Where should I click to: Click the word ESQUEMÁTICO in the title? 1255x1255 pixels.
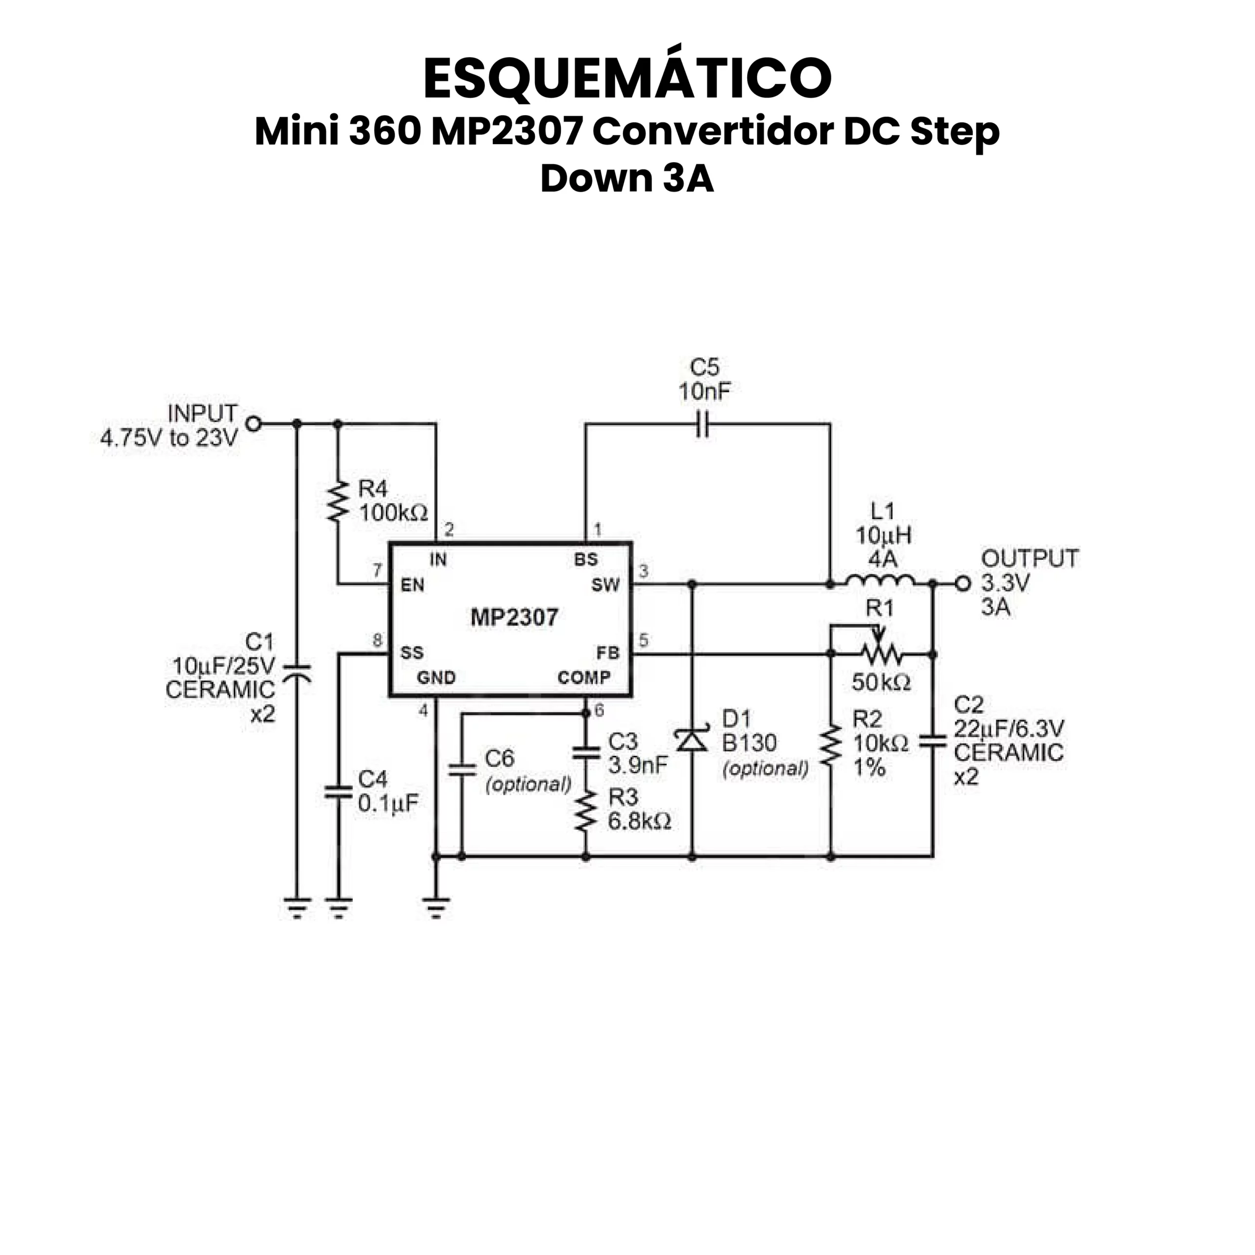click(627, 78)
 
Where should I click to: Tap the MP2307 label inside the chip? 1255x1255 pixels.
click(514, 617)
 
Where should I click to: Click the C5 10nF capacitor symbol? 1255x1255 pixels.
click(702, 424)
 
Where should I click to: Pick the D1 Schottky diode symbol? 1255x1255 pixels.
click(692, 740)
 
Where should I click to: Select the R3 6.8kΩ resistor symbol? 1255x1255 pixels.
click(586, 811)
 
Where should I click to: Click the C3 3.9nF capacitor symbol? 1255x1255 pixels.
click(586, 753)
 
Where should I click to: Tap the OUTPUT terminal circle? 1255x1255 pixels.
click(963, 584)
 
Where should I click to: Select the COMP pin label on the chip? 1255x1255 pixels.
click(583, 678)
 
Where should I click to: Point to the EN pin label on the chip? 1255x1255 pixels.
click(412, 585)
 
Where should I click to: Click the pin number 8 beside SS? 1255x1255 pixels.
click(377, 641)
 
